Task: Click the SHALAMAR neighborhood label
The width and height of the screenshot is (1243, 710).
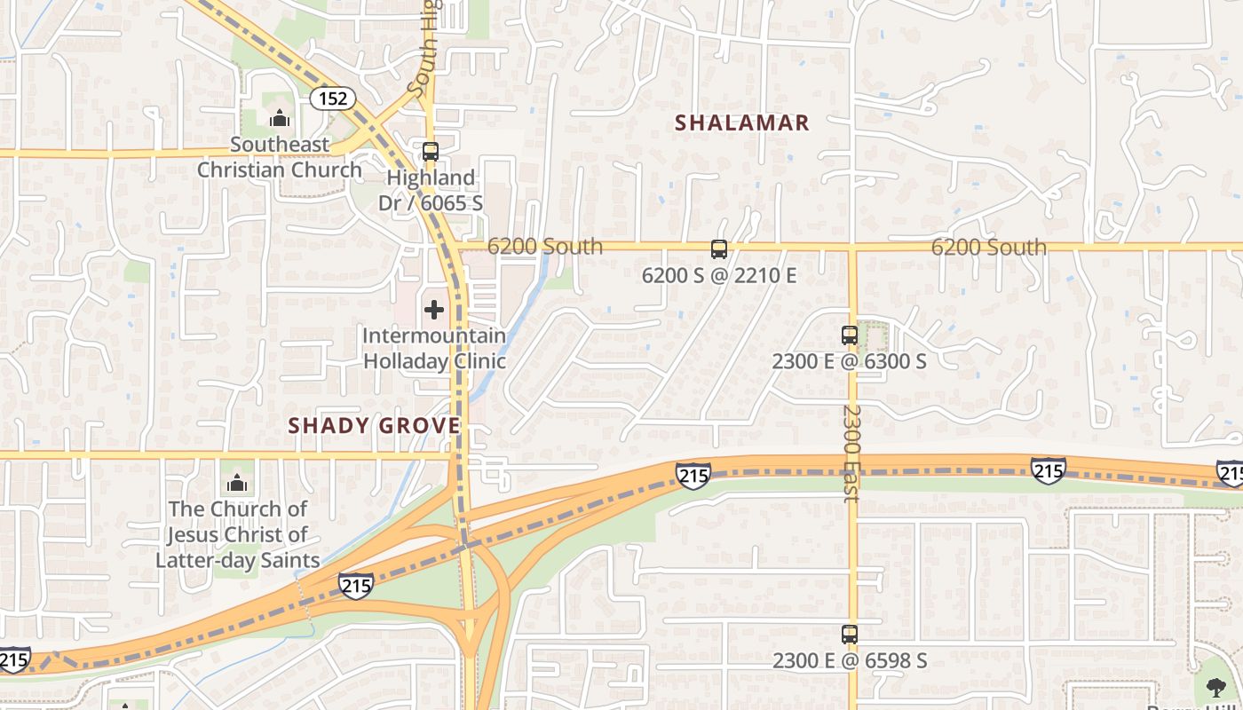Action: [x=742, y=122]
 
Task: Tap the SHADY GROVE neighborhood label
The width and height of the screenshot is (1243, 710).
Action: [x=374, y=425]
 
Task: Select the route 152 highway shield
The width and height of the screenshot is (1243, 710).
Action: [x=333, y=99]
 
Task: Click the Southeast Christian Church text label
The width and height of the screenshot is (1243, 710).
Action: [x=280, y=157]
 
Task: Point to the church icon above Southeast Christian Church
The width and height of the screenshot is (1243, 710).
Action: [x=280, y=118]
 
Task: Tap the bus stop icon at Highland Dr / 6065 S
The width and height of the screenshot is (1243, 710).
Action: [x=431, y=151]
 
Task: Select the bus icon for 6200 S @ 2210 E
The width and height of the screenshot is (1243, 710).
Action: [x=719, y=249]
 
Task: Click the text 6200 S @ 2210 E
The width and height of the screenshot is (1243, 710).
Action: [x=719, y=276]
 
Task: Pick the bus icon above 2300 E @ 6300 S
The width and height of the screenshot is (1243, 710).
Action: [x=850, y=335]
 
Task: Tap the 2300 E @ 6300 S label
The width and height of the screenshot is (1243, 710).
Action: [x=850, y=361]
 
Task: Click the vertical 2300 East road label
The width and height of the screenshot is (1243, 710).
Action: [x=851, y=453]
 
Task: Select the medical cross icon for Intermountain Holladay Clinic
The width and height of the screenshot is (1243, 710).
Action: [x=434, y=310]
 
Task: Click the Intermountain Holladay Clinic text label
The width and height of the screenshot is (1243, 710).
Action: [x=434, y=349]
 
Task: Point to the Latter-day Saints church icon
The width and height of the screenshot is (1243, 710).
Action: [x=236, y=483]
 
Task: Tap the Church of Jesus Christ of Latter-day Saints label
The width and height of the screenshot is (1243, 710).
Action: [x=237, y=534]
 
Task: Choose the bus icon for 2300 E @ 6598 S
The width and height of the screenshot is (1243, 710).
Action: [x=850, y=635]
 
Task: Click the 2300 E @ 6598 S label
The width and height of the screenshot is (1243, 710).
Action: [x=850, y=661]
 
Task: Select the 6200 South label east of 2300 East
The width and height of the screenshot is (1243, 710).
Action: [x=988, y=247]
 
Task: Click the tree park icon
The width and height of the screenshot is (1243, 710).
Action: [x=1214, y=687]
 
